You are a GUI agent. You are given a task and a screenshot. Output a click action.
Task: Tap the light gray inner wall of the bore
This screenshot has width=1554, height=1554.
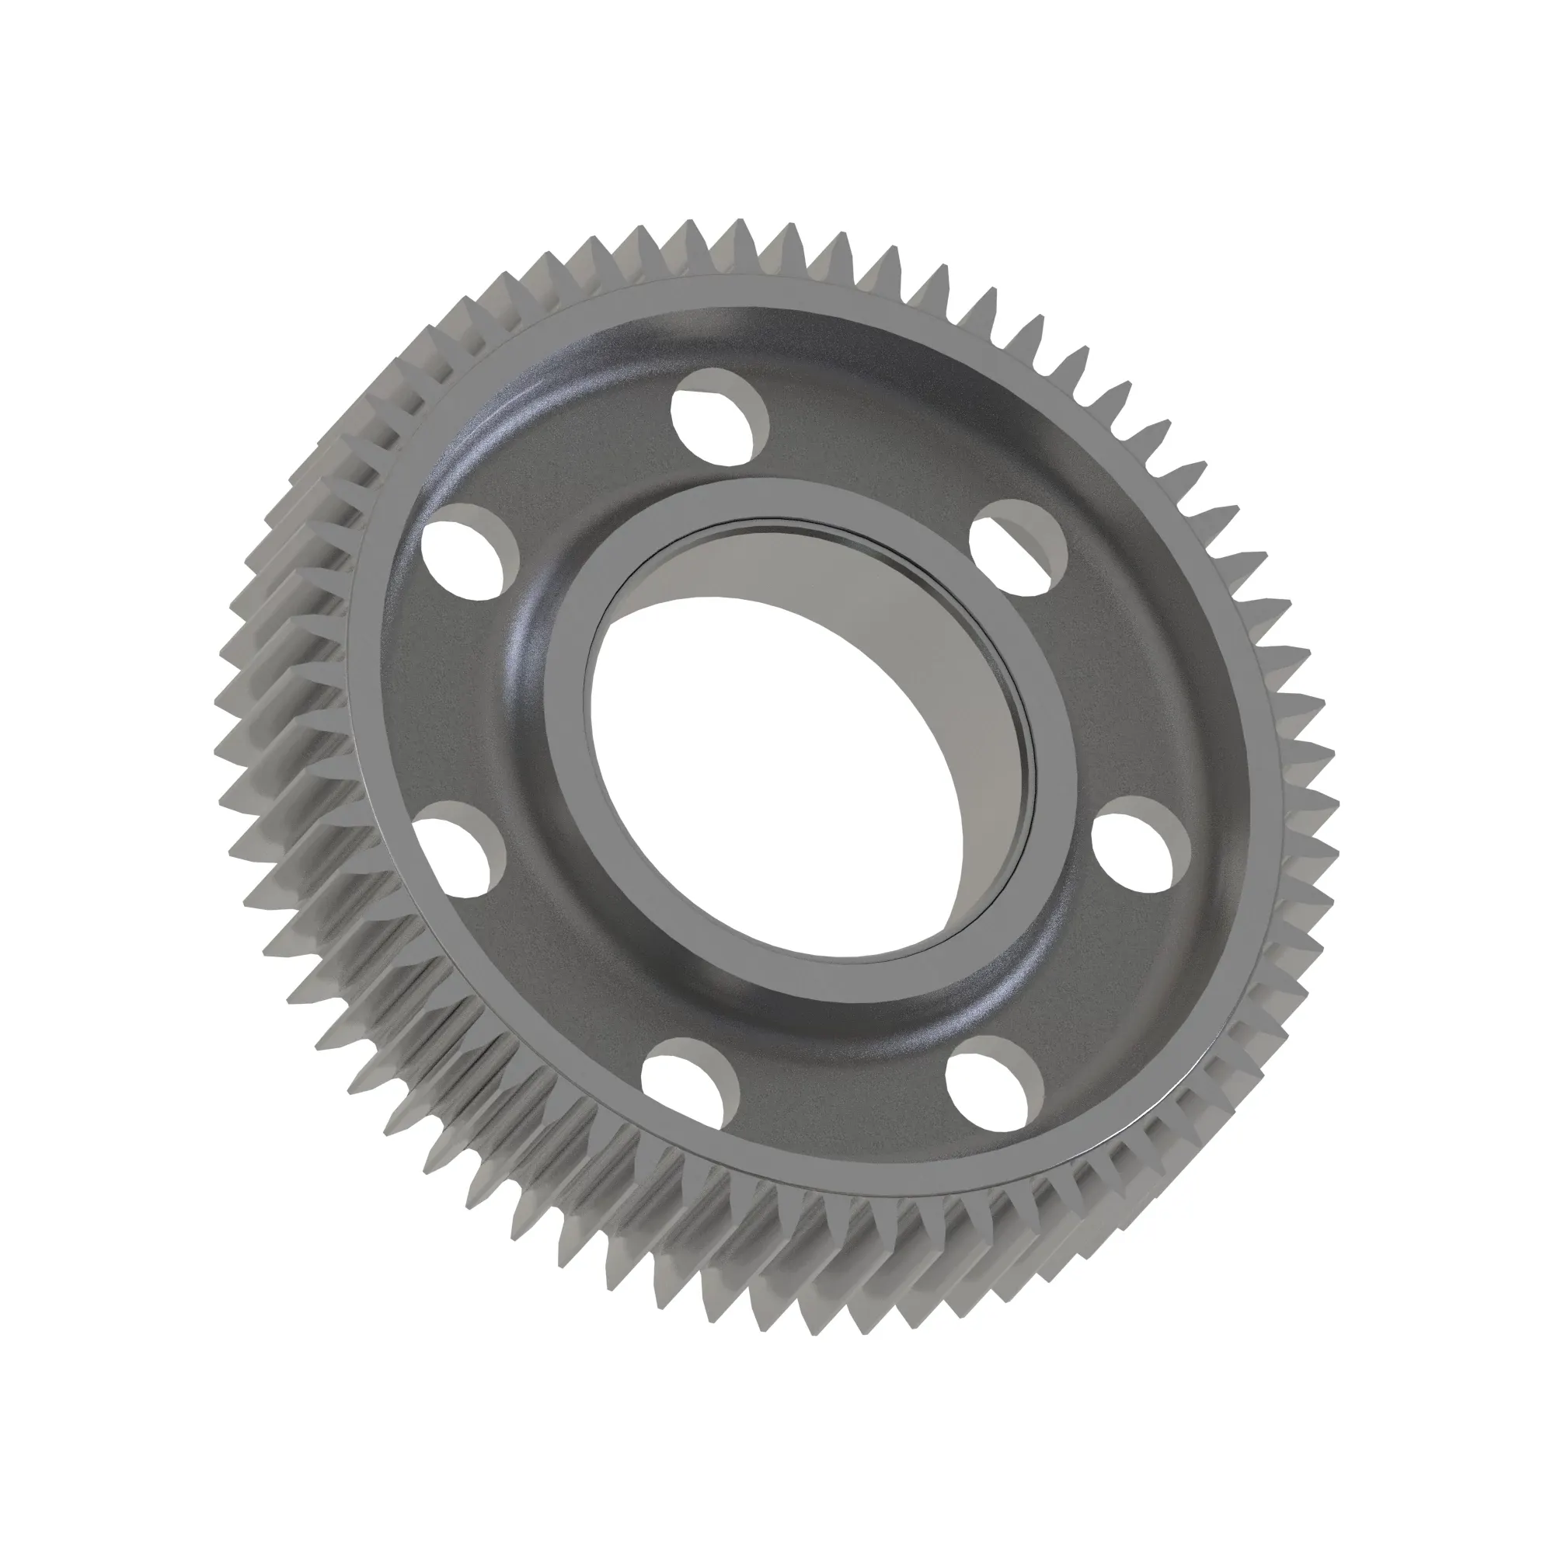pos(845,587)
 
